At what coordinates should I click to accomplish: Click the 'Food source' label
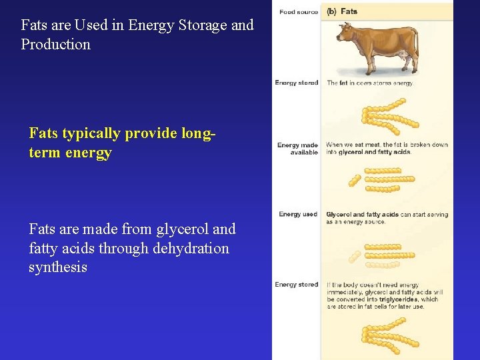click(299, 12)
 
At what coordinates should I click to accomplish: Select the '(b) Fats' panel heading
click(342, 12)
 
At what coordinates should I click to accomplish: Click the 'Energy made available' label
click(298, 149)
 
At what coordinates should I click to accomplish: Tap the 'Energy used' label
click(298, 215)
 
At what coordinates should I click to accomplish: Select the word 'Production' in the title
click(55, 45)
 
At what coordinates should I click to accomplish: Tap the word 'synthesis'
click(58, 268)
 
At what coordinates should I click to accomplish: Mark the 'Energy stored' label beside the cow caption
click(297, 83)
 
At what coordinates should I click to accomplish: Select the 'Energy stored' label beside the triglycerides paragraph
click(297, 285)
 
